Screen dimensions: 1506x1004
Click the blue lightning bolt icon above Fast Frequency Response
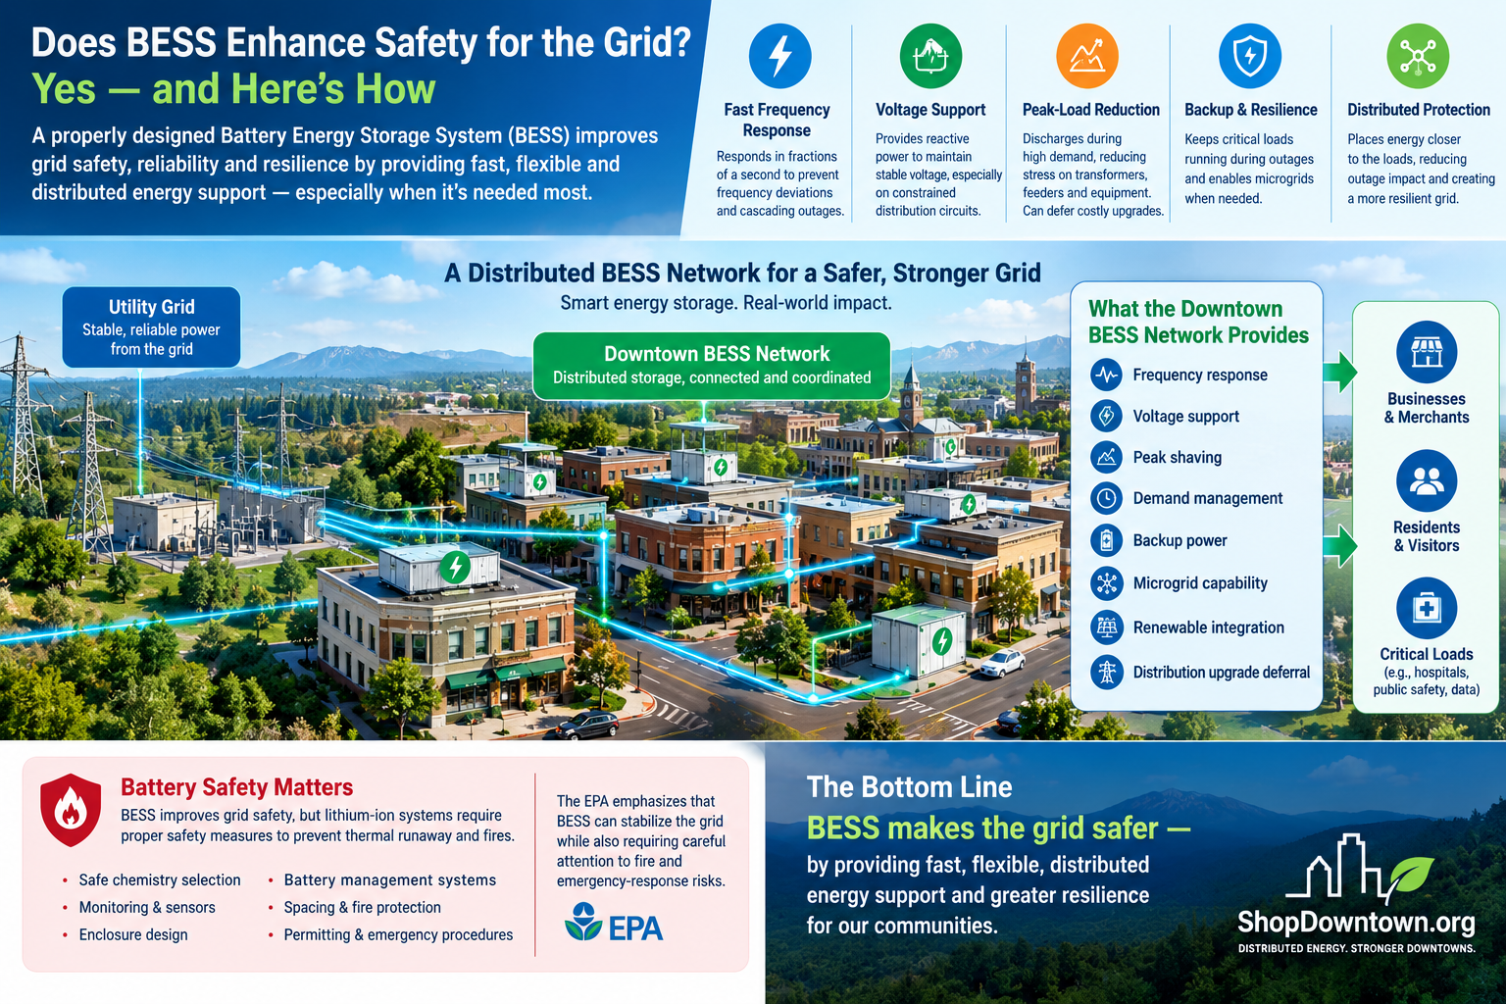point(779,56)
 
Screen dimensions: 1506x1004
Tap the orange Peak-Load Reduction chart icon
point(1087,56)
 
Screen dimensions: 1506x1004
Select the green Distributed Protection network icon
point(1418,56)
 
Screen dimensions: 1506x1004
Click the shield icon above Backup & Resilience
point(1250,56)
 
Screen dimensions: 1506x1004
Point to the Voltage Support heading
point(930,110)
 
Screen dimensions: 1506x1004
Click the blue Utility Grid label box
point(151,327)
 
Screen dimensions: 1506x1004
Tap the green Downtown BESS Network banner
point(711,365)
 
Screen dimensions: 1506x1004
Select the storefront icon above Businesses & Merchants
point(1427,352)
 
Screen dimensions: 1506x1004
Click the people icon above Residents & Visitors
point(1427,480)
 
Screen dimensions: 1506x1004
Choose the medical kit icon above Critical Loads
point(1427,609)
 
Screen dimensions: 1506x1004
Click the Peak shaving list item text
point(1178,457)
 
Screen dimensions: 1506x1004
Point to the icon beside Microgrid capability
point(1107,583)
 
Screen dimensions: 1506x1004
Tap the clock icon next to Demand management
point(1107,498)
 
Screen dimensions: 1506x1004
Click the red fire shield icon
point(71,810)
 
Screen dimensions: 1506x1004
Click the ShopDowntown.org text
point(1356,922)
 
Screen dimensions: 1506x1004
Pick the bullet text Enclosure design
point(133,934)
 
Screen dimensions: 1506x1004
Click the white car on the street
point(1002,663)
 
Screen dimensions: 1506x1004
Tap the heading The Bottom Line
point(909,786)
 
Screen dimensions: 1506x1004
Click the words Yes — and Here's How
point(234,89)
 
